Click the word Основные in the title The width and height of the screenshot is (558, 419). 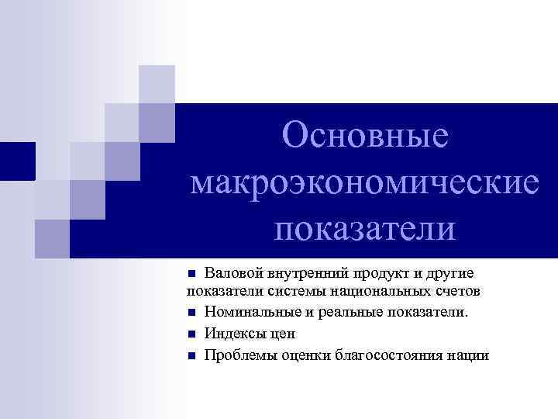[366, 136]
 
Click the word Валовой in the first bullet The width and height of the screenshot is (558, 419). [229, 273]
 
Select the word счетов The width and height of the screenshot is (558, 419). [460, 291]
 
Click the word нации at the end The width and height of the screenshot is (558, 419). [469, 355]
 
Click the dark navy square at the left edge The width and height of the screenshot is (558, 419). [17, 161]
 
